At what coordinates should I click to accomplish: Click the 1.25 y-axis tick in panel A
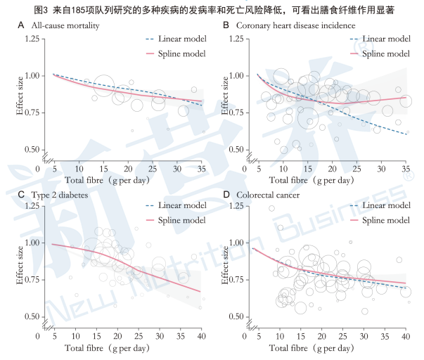coord(32,38)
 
